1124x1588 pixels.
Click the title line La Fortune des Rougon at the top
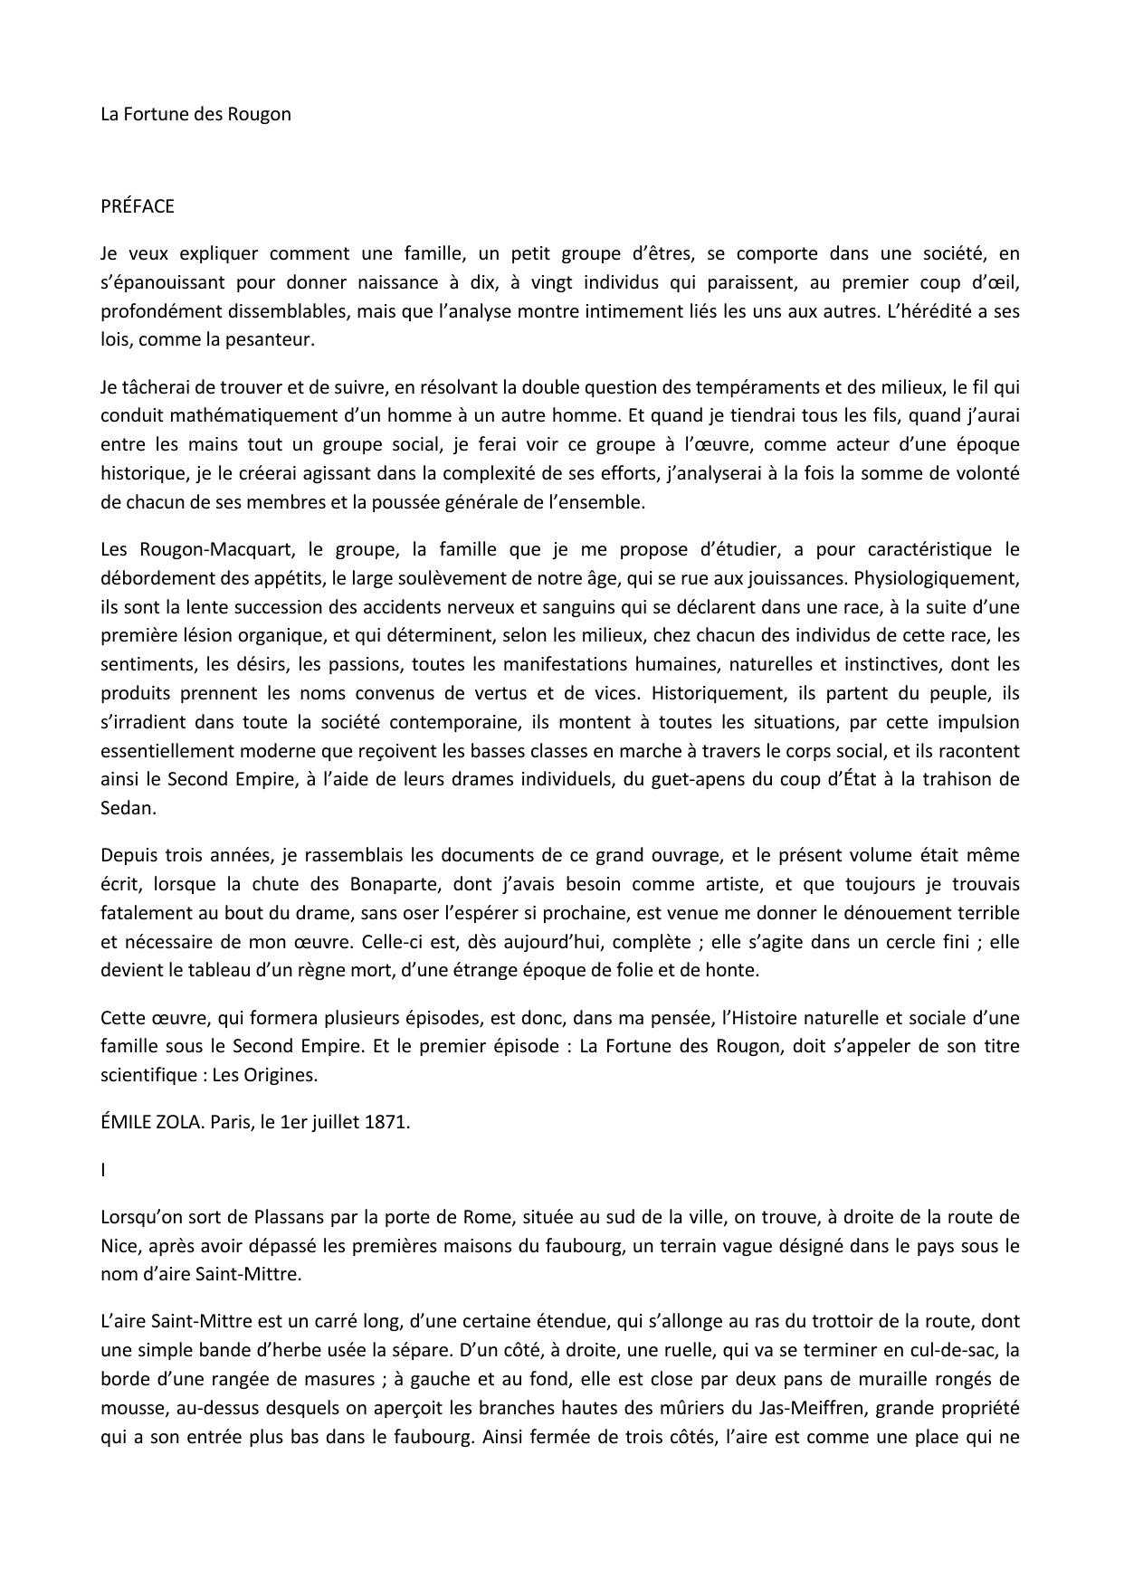coord(195,114)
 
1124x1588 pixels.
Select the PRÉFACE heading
coord(138,206)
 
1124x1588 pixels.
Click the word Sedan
coord(128,808)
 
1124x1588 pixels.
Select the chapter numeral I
coord(103,1169)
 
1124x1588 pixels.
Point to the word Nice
coord(119,1245)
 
